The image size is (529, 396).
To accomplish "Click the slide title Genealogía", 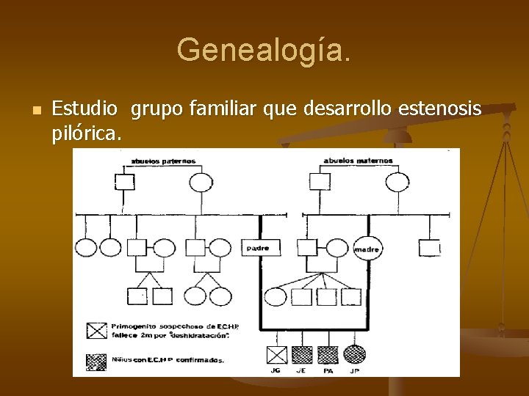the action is click(x=264, y=50).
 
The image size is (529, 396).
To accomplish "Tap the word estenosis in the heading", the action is click(x=439, y=109).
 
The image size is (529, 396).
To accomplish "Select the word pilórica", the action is click(x=87, y=134).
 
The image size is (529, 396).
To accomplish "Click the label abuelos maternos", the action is click(x=359, y=161).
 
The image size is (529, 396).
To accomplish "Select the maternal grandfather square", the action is click(x=319, y=182).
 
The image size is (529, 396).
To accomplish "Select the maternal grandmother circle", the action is click(x=397, y=182).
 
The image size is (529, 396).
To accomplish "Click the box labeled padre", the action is click(x=257, y=248).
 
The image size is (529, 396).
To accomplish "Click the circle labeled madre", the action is click(x=367, y=249).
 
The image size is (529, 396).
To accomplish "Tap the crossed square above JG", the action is click(x=276, y=355).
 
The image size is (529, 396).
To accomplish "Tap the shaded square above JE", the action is click(x=302, y=355).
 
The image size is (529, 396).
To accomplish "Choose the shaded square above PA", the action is click(x=328, y=355).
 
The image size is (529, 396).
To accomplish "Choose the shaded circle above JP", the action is click(x=355, y=355).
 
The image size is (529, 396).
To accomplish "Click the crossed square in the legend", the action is click(x=96, y=331).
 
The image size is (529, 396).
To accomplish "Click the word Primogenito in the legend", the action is click(x=135, y=326).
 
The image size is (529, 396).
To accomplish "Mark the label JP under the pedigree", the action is click(x=355, y=371).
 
